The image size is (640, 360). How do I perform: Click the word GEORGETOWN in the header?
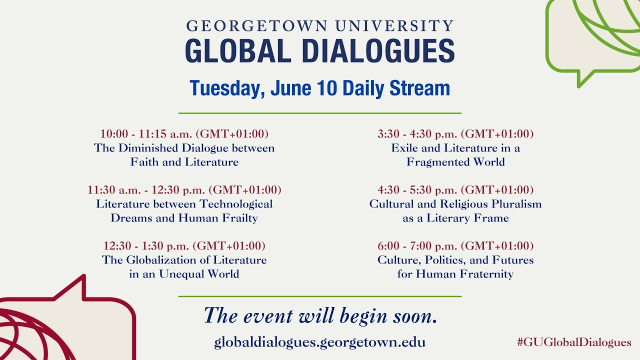pos(256,26)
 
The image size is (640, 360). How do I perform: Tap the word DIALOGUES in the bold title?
pos(378,51)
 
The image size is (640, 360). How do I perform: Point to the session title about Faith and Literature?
pos(184,155)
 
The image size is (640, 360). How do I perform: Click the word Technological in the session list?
pos(236,204)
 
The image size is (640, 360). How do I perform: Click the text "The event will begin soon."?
pos(320,316)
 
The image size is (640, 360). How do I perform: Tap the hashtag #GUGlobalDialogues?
pos(574,342)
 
